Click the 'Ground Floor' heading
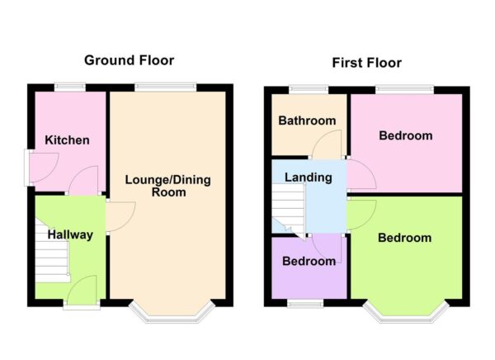pyautogui.click(x=130, y=60)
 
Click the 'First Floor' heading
pyautogui.click(x=366, y=63)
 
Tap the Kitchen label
pyautogui.click(x=68, y=140)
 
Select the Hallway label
pyautogui.click(x=69, y=234)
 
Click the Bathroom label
pyautogui.click(x=307, y=121)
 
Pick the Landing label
pyautogui.click(x=308, y=177)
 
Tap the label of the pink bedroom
pyautogui.click(x=405, y=135)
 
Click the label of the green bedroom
pyautogui.click(x=404, y=238)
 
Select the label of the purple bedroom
pyautogui.click(x=309, y=261)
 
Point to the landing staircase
pyautogui.click(x=288, y=206)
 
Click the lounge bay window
pyautogui.click(x=172, y=312)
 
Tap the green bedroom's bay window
pyautogui.click(x=408, y=312)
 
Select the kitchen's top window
pyautogui.click(x=70, y=87)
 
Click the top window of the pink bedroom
pyautogui.click(x=404, y=88)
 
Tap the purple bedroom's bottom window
pyautogui.click(x=305, y=304)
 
